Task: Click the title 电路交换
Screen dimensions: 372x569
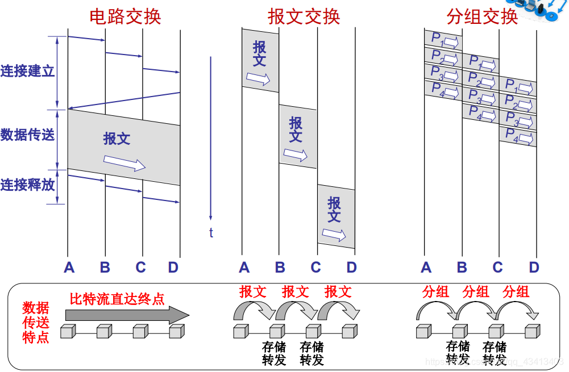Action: tap(125, 16)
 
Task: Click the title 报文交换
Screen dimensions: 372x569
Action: tap(304, 16)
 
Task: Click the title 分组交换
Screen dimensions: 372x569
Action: tap(482, 16)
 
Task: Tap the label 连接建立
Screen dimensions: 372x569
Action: tap(27, 72)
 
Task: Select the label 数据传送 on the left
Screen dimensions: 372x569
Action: tap(27, 135)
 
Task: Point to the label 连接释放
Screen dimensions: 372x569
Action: tap(27, 185)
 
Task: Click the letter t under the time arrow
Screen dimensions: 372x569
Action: tap(211, 232)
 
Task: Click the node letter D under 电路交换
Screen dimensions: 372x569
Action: tap(173, 267)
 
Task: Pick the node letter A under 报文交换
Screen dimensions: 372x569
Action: tap(244, 267)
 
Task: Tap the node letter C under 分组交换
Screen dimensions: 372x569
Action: tap(498, 267)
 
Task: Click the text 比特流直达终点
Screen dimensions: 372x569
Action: tap(117, 299)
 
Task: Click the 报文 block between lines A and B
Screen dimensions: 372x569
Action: tap(260, 60)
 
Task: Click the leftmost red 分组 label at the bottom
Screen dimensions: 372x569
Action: tap(436, 292)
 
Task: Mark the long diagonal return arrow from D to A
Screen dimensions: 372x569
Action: tap(124, 101)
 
